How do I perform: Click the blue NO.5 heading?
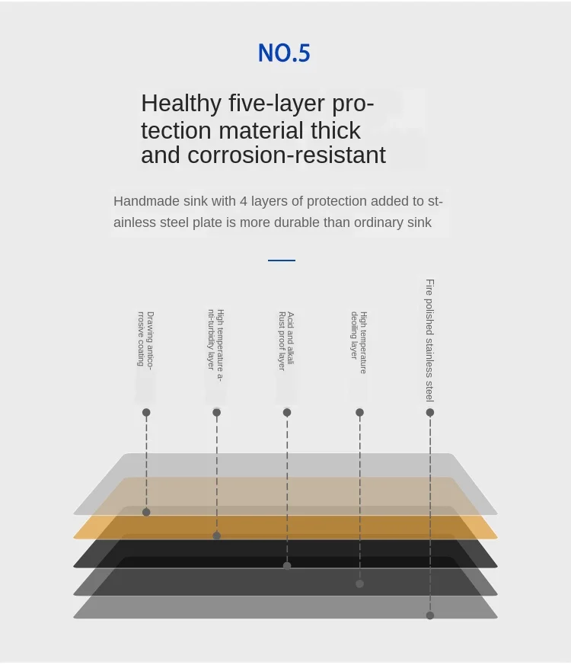coord(284,53)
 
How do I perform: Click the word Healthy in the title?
coord(181,104)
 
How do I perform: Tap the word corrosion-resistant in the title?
coord(286,155)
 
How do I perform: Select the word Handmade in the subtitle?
coord(146,201)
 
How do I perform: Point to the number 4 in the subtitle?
coord(244,201)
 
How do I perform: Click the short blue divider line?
coord(282,260)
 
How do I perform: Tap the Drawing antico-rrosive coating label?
coord(145,340)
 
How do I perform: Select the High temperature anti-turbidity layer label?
coord(215,345)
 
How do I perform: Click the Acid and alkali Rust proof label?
coord(286,341)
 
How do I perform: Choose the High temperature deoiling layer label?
coord(359,342)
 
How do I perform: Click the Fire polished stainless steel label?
coord(430,340)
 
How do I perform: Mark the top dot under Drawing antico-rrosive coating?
coord(146,412)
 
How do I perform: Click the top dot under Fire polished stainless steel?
coord(430,412)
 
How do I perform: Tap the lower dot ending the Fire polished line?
coord(430,615)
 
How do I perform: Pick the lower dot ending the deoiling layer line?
coord(359,584)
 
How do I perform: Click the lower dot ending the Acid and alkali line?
coord(287,565)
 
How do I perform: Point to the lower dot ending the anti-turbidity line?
coord(217,536)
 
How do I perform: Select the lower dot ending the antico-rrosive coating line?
coord(146,513)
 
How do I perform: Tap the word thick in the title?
coord(335,130)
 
